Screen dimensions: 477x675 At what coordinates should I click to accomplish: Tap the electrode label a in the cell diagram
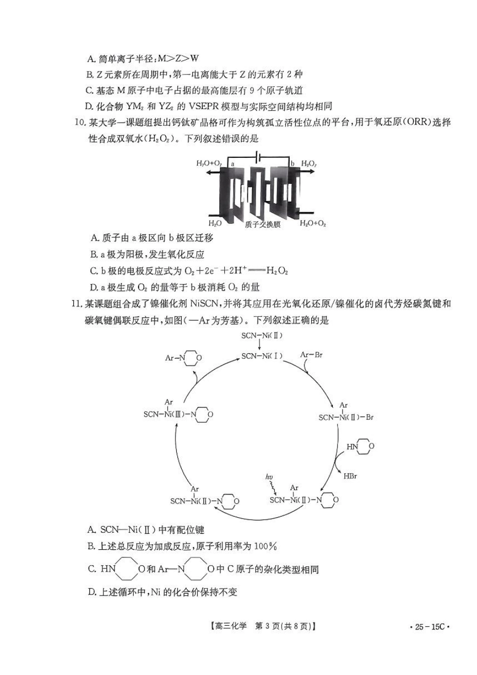[232, 164]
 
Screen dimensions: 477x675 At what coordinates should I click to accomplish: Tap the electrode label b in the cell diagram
[292, 164]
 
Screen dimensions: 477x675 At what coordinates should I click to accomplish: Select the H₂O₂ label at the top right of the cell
[308, 164]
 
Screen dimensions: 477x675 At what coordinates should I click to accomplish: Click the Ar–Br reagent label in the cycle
[311, 355]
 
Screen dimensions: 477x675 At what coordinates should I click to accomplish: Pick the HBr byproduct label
[350, 476]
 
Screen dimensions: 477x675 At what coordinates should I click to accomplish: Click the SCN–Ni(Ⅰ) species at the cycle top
[261, 356]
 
